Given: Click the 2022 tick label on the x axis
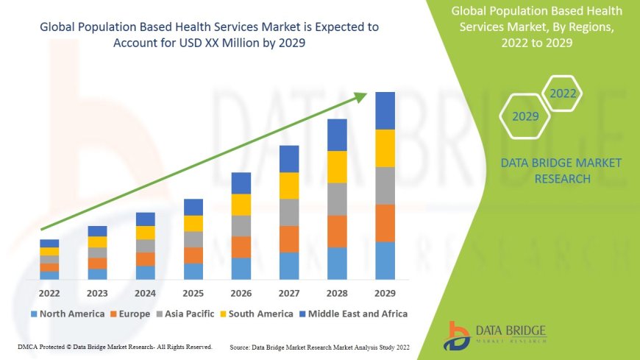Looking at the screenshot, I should pyautogui.click(x=49, y=292).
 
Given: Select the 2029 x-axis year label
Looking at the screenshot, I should pyautogui.click(x=385, y=292).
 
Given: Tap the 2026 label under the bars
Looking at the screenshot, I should pyautogui.click(x=241, y=292).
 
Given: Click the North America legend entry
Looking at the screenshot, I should pyautogui.click(x=68, y=314).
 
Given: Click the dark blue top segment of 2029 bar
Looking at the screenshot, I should pyautogui.click(x=385, y=110).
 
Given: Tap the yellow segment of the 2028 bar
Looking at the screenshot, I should pyautogui.click(x=337, y=166).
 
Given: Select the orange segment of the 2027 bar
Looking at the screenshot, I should pyautogui.click(x=289, y=239).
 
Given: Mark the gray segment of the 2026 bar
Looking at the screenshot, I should pyautogui.click(x=241, y=225).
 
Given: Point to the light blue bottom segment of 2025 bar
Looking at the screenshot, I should pyautogui.click(x=193, y=271).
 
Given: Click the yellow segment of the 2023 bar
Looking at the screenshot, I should pyautogui.click(x=97, y=241).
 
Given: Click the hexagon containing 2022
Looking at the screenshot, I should pyautogui.click(x=563, y=93).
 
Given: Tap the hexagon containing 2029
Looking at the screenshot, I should pyautogui.click(x=525, y=116).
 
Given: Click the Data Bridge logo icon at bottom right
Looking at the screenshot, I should pyautogui.click(x=458, y=334).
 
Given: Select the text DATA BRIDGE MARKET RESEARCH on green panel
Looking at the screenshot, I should pyautogui.click(x=561, y=170).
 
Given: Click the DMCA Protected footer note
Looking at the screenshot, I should pyautogui.click(x=114, y=346).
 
